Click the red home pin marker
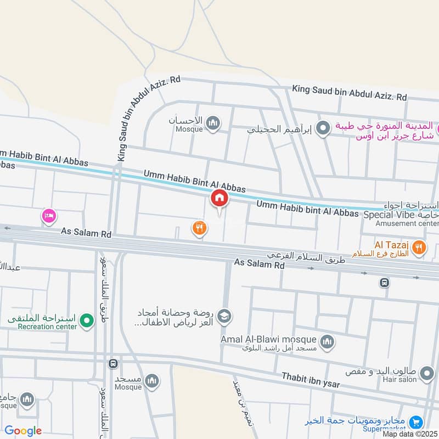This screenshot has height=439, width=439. pyautogui.click(x=219, y=198)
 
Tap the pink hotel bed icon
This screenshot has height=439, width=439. pyautogui.click(x=48, y=216)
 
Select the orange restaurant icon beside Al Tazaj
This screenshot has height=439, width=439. pyautogui.click(x=419, y=247)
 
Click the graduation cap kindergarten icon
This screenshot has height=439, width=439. pyautogui.click(x=224, y=316)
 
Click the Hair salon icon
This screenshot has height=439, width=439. pyautogui.click(x=426, y=375)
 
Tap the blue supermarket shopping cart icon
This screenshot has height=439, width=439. pyautogui.click(x=416, y=422)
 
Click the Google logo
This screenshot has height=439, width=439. pyautogui.click(x=24, y=431)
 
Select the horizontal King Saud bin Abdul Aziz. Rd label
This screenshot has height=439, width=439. pyautogui.click(x=349, y=92)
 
